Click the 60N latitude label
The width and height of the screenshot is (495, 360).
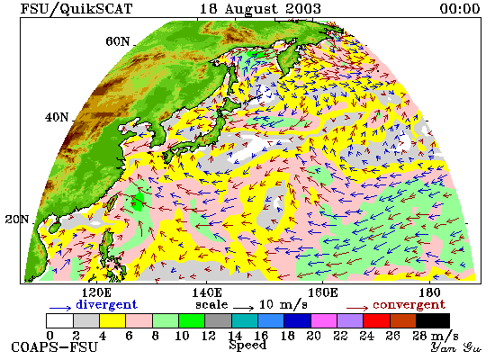(x=117, y=41)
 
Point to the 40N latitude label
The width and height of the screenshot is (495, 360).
(x=57, y=118)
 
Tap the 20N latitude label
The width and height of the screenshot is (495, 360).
(x=17, y=220)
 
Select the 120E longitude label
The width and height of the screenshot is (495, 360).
(x=96, y=292)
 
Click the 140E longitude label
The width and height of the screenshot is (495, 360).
(x=207, y=292)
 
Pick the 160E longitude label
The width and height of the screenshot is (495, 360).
(x=322, y=292)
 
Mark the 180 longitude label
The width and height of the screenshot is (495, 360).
(x=429, y=292)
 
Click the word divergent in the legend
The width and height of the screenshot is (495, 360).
(x=107, y=305)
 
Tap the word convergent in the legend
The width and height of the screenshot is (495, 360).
(x=409, y=305)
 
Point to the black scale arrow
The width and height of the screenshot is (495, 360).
(x=243, y=307)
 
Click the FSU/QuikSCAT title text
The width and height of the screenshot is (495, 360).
(x=76, y=9)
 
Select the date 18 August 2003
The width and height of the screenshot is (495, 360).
(x=260, y=9)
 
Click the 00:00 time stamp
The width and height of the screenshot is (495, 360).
(x=460, y=8)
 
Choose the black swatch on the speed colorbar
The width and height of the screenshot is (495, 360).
(x=433, y=320)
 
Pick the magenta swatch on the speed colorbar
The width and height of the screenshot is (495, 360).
(x=324, y=320)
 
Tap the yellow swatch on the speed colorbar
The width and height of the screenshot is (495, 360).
(x=112, y=320)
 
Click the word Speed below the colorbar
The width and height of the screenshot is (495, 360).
(x=247, y=346)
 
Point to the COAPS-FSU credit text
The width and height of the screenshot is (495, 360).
(x=54, y=347)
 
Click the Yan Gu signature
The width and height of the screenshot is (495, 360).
(x=456, y=347)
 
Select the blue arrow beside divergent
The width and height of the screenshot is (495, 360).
(x=60, y=308)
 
